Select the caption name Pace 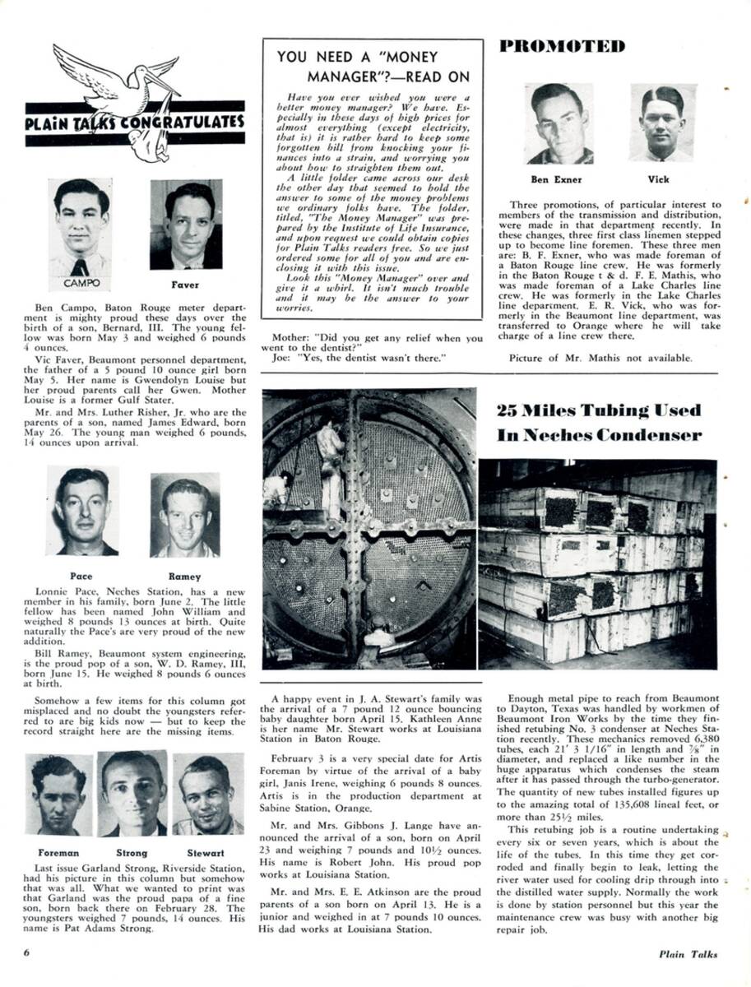(x=81, y=577)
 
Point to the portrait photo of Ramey (x=184, y=515)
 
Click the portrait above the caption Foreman (x=58, y=795)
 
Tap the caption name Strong (x=132, y=853)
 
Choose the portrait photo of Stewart (x=207, y=794)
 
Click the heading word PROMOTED (x=562, y=46)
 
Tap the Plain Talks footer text (x=688, y=954)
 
